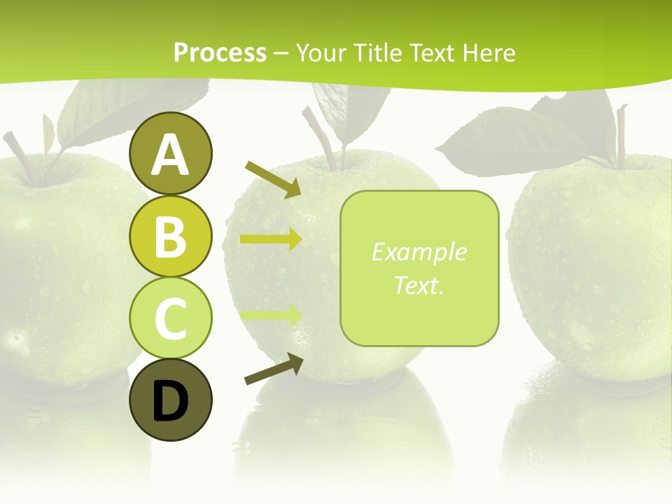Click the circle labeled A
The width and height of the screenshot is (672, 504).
(171, 153)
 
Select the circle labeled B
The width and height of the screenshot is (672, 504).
(171, 236)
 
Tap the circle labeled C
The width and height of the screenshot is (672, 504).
(171, 318)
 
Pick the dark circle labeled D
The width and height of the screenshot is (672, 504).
(171, 400)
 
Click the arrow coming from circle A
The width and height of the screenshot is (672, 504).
(273, 179)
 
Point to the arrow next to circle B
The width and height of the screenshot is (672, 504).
(271, 239)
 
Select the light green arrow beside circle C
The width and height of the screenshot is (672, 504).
(271, 316)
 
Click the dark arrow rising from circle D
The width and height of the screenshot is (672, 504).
(274, 369)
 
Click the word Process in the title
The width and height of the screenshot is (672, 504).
(220, 52)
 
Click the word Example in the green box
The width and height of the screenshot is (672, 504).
(419, 252)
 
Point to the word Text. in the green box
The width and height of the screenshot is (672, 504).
(419, 285)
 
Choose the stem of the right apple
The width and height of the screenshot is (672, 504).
(620, 136)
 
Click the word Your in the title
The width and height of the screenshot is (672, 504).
(323, 52)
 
